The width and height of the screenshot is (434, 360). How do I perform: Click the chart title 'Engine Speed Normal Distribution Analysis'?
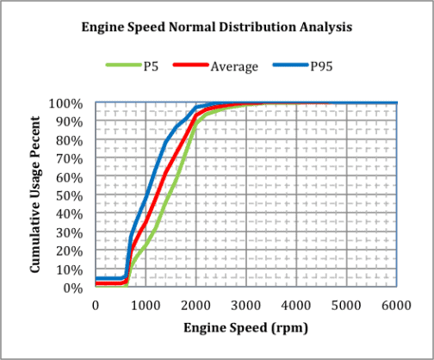216,27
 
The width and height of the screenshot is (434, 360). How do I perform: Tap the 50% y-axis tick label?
71,196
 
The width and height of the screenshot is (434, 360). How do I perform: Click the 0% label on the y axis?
75,288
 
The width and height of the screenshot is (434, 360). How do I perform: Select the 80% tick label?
71,140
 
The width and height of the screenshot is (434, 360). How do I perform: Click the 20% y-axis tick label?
71,251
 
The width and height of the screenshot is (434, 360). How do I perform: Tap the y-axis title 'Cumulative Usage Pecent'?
37,196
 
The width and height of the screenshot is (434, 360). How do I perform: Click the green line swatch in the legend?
123,66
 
